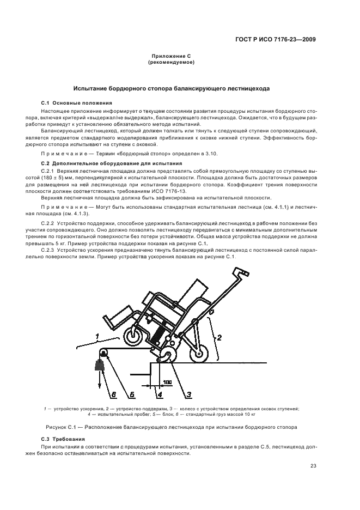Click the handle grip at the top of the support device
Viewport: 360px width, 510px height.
[240, 272]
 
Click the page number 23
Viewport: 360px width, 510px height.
[313, 465]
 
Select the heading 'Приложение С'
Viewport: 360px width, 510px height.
[170, 57]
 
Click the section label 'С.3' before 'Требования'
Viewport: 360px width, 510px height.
[46, 439]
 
